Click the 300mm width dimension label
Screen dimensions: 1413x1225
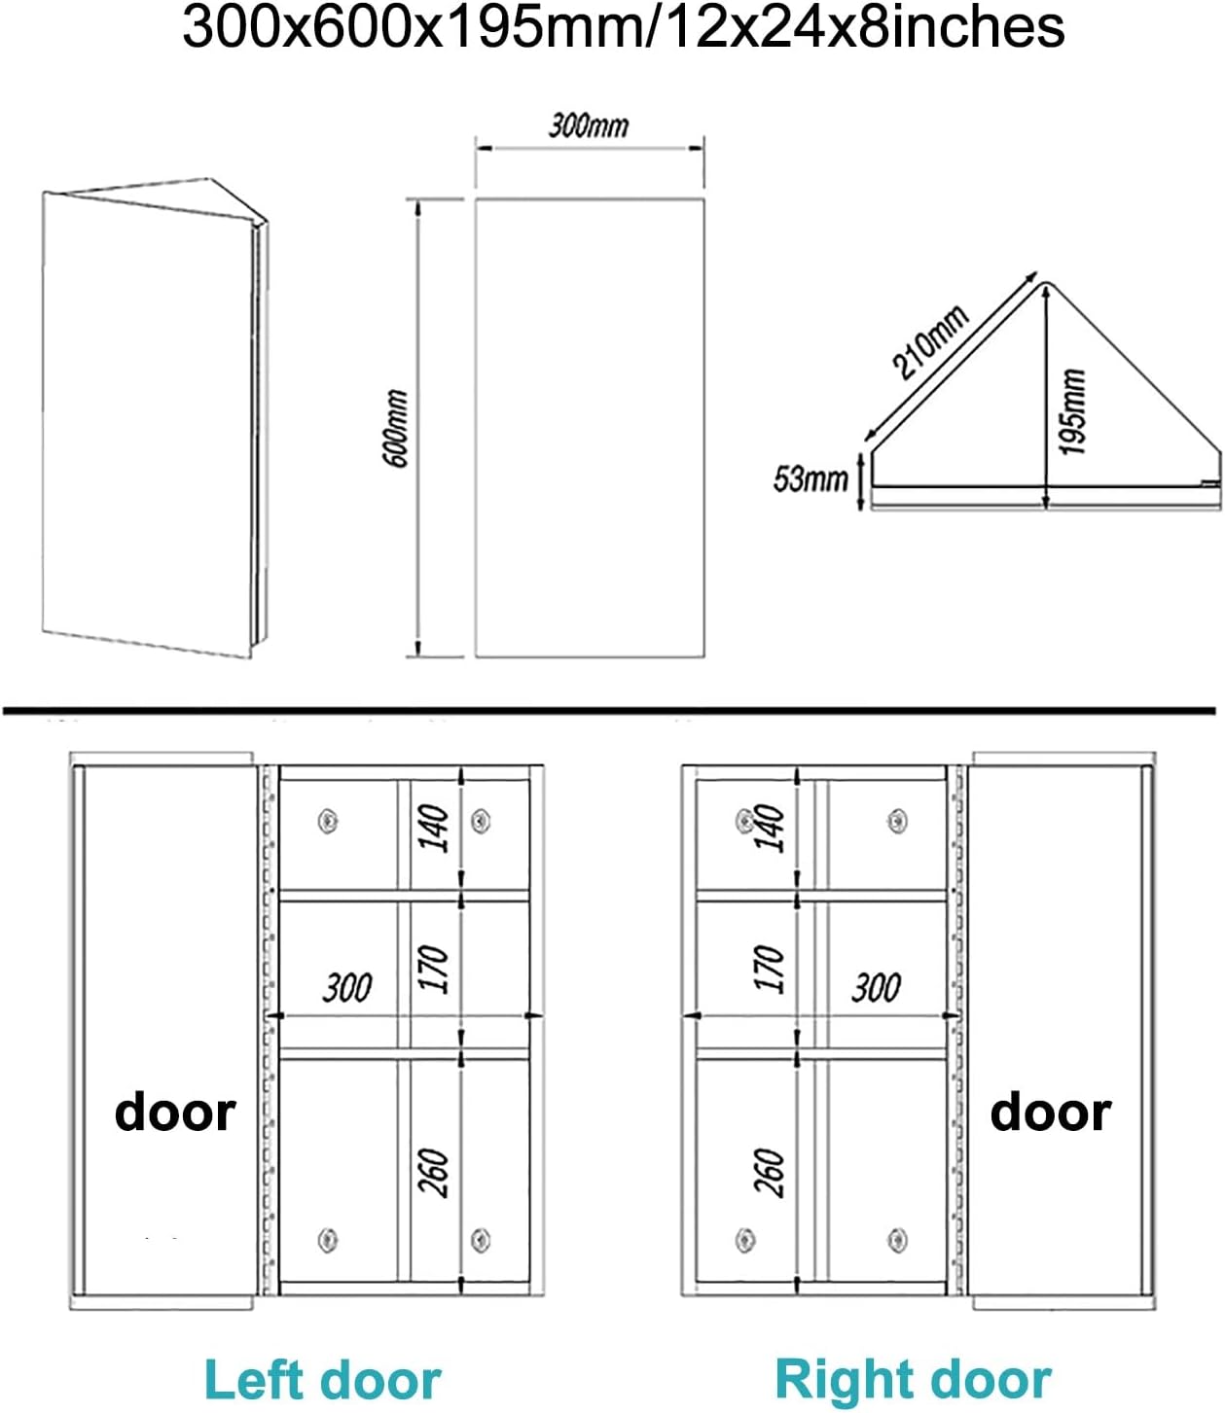tap(589, 125)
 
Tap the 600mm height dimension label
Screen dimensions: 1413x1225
tap(397, 428)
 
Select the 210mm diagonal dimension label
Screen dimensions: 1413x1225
tap(931, 340)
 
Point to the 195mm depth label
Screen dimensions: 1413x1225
tap(1071, 411)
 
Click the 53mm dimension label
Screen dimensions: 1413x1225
tap(811, 478)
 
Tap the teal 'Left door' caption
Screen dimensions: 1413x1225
tap(323, 1380)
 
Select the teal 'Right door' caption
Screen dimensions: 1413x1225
tap(913, 1379)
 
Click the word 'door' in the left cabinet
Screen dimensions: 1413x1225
tap(175, 1112)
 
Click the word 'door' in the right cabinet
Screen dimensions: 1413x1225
tap(1050, 1112)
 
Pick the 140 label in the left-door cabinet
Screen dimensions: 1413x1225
tap(434, 828)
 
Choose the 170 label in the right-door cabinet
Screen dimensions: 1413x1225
tap(769, 969)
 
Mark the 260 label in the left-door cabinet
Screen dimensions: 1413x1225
tap(434, 1172)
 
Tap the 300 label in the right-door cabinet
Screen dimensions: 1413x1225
tap(876, 988)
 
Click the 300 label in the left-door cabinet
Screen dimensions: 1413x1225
tap(346, 988)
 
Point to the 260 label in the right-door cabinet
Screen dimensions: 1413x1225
tap(769, 1172)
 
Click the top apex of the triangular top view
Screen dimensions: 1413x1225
tap(1044, 283)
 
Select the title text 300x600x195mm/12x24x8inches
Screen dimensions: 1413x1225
tap(623, 28)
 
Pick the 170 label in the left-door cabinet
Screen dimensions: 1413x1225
tap(434, 969)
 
